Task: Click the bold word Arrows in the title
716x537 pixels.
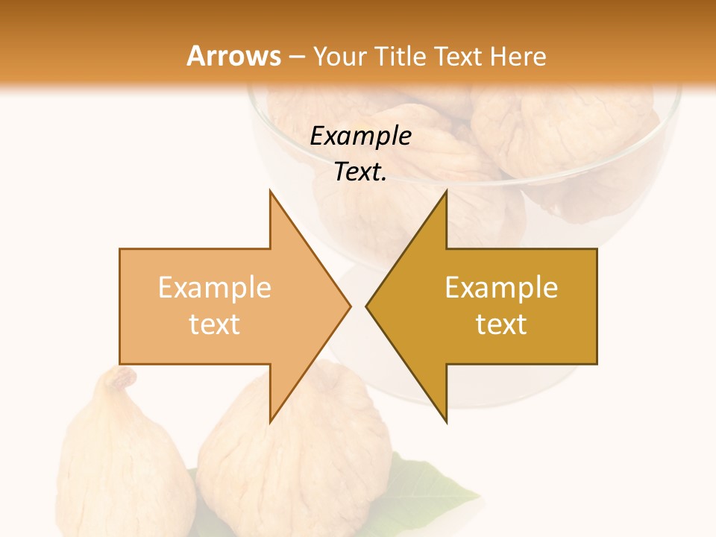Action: [234, 56]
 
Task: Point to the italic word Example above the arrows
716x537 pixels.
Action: [361, 136]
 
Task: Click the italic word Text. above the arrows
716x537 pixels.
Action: [361, 172]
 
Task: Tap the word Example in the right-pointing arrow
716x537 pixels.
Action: [215, 287]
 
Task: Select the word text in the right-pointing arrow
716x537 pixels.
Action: [215, 324]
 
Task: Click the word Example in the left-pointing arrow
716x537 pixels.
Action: [501, 287]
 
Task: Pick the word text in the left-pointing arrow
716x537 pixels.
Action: [501, 324]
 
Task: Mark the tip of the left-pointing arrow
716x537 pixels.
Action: [367, 306]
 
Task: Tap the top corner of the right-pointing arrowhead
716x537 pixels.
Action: [270, 192]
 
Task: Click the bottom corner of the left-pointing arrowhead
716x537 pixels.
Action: [446, 421]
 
